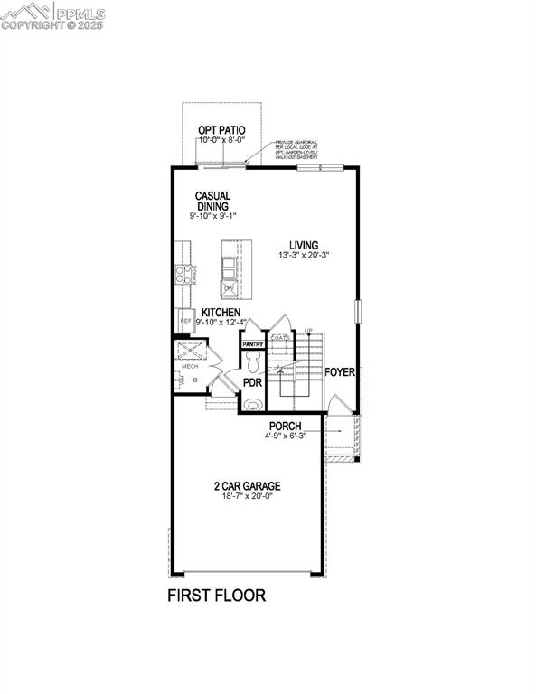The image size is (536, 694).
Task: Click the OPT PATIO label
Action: point(221,130)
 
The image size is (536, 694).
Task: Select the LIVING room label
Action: point(304,244)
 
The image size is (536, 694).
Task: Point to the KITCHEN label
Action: point(221,312)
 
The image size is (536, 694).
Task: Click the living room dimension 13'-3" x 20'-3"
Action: point(304,256)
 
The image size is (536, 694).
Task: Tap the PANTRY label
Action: point(252,344)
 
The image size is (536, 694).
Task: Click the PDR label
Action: point(252,383)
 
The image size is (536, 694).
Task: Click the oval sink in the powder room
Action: point(250,404)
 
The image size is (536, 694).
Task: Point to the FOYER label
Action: point(340,371)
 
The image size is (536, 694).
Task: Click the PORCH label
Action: point(285,426)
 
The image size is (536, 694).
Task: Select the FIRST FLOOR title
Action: point(216,596)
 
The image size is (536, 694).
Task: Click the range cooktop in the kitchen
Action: point(182,273)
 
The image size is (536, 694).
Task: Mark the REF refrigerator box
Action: point(185,320)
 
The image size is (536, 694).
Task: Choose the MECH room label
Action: point(191,366)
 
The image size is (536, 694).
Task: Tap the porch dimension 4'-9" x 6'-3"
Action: point(285,436)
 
